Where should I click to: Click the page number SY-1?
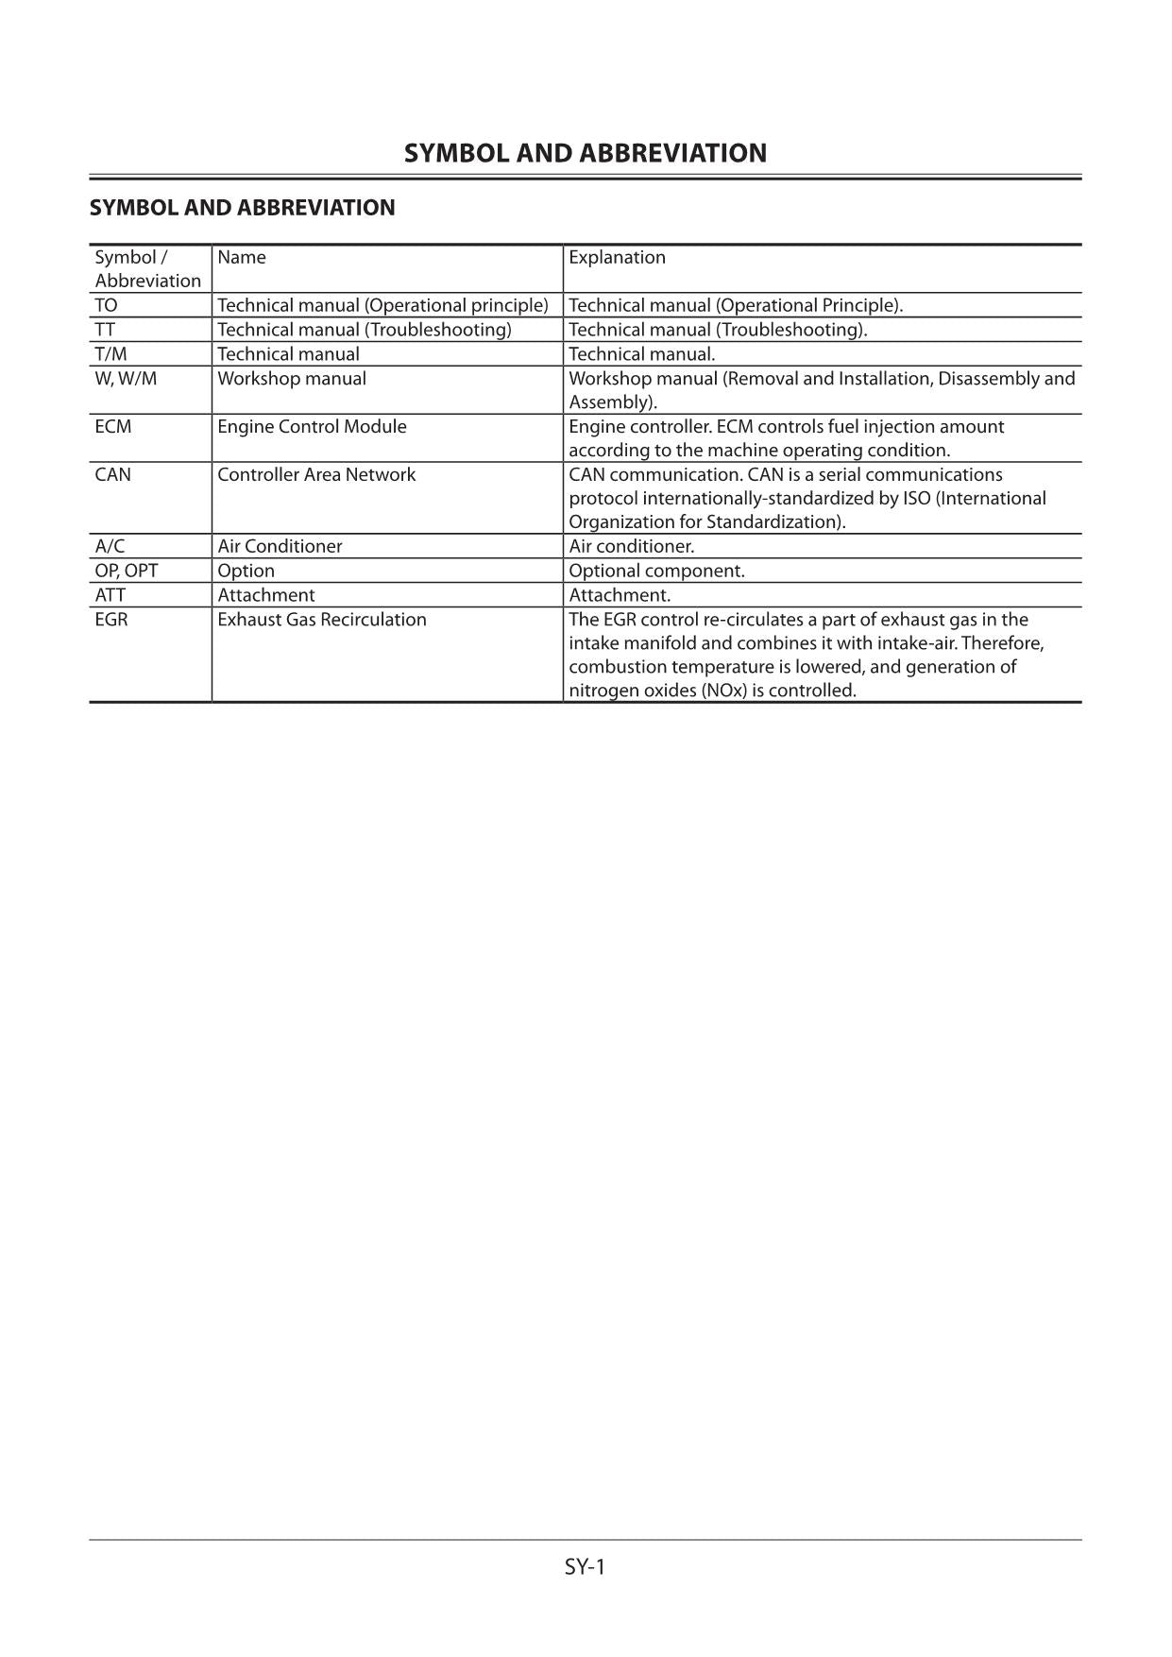[585, 1566]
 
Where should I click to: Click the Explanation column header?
[617, 257]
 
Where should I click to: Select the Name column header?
[242, 257]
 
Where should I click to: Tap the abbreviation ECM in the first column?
[113, 426]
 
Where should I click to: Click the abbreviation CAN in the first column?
[113, 474]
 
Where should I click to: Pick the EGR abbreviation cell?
[111, 620]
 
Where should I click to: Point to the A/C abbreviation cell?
[110, 546]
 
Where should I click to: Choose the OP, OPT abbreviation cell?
[127, 571]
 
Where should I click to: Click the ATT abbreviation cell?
[110, 595]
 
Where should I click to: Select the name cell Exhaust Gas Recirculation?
[322, 620]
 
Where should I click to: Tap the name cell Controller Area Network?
[316, 474]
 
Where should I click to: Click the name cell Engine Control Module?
[312, 426]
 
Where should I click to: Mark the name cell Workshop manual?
[292, 378]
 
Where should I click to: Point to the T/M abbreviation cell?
[110, 354]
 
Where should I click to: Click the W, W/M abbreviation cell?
[126, 378]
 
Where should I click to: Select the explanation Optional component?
[656, 571]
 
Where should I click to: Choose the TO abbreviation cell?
[106, 305]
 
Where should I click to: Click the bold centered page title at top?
[586, 153]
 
